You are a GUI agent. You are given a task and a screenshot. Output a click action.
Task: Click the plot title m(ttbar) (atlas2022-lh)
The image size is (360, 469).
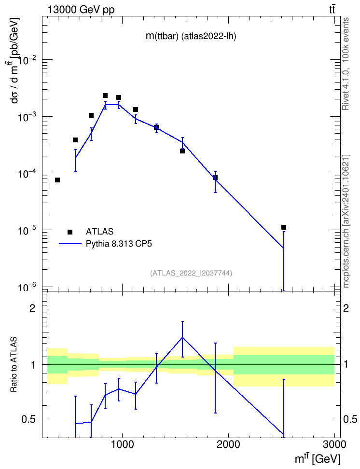pos(191,36)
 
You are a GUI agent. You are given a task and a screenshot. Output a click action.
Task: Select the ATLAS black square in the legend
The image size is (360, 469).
pos(70,232)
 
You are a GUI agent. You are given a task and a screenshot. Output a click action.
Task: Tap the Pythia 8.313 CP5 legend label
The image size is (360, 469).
pos(119,244)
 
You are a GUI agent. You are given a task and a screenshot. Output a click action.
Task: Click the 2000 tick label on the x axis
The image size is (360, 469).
pos(228,444)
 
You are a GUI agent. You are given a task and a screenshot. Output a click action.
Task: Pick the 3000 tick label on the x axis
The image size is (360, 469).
pos(334,444)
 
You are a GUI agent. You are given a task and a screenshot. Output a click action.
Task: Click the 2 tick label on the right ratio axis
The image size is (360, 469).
pos(346,308)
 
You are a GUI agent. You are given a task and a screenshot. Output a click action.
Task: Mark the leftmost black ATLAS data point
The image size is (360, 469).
pos(57,180)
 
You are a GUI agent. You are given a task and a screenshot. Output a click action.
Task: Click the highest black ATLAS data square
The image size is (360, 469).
pos(105,96)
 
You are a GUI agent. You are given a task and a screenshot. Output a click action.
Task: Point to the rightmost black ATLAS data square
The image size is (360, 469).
pos(284,227)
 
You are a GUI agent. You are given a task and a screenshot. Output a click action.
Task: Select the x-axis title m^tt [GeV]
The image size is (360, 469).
pos(318,459)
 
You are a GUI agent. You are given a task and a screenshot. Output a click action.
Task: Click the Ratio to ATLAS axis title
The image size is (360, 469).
pos(14,364)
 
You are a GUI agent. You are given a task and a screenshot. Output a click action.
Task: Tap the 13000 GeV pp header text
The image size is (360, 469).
pos(81,10)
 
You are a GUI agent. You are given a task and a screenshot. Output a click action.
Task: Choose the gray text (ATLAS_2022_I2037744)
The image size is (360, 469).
pos(191,273)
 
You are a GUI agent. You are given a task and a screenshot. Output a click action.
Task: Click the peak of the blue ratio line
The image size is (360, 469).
pos(182,337)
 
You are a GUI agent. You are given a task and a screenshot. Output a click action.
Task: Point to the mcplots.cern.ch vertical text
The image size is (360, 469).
pos(346,221)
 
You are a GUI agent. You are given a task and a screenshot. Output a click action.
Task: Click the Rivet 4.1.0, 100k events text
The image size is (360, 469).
pos(346,64)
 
